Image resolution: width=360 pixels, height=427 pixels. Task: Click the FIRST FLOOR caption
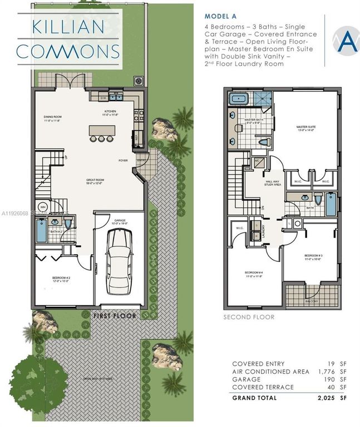(x=114, y=316)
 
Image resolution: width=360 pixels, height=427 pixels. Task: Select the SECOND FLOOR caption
(x=249, y=317)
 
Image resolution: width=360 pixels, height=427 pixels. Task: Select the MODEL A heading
(x=222, y=17)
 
